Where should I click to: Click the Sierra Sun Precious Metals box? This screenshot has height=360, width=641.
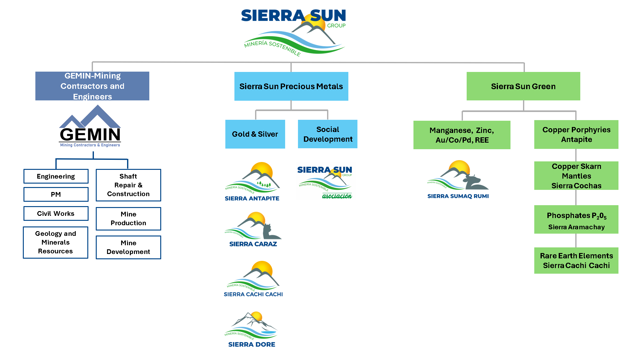tap(291, 86)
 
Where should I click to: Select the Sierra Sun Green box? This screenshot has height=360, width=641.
tap(523, 86)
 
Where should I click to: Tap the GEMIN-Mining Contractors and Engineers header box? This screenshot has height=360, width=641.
tap(92, 86)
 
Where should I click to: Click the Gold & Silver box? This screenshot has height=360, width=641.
tap(255, 134)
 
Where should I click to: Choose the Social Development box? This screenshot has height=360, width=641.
tap(328, 134)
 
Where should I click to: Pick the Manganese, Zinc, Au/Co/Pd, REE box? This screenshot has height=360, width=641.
tap(462, 135)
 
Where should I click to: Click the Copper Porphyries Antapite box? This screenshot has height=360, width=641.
tap(576, 134)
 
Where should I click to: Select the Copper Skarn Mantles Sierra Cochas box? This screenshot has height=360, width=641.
tap(576, 176)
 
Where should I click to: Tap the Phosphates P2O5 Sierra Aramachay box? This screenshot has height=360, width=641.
tap(576, 220)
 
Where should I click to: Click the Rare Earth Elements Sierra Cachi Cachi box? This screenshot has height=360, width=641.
tap(576, 261)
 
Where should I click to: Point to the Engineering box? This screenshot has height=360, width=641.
tap(56, 176)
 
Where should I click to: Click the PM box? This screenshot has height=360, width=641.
tap(56, 195)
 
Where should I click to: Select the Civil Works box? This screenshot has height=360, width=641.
tap(56, 214)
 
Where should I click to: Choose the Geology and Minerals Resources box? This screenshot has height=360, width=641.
tap(56, 242)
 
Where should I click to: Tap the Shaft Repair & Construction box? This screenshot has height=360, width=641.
tap(128, 185)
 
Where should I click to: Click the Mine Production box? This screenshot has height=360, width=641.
tap(128, 219)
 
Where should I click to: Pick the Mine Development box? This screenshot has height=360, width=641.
tap(128, 247)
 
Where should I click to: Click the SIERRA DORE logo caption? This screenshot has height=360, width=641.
tap(252, 344)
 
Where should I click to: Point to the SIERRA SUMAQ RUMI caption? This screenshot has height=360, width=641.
tap(458, 196)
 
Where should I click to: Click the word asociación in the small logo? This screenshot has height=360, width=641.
tap(337, 196)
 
